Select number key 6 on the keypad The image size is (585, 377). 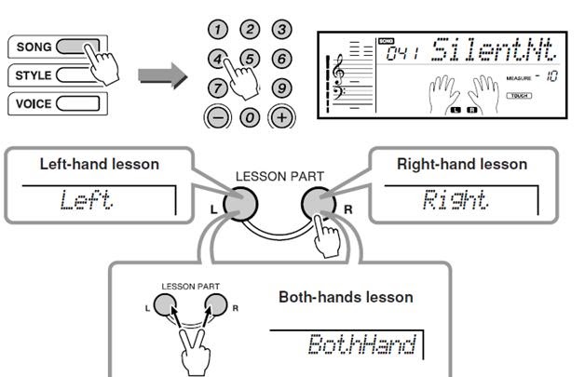279,59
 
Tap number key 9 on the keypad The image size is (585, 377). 279,88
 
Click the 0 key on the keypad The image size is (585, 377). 249,118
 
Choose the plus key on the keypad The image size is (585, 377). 279,118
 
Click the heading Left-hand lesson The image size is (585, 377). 99,164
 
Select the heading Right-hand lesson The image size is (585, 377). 461,164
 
